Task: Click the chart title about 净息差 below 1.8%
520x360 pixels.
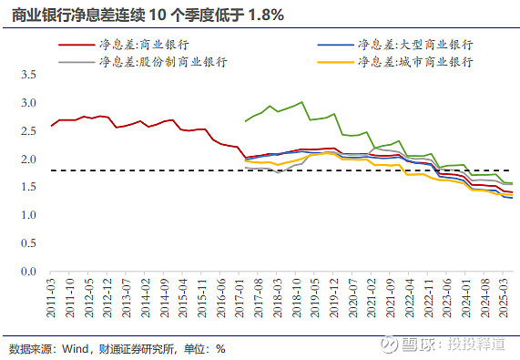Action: click(147, 15)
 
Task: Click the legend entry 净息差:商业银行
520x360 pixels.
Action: click(136, 44)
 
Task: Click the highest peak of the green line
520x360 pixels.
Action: click(301, 102)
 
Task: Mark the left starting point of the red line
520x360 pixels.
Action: click(51, 126)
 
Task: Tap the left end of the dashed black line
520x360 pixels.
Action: click(51, 170)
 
